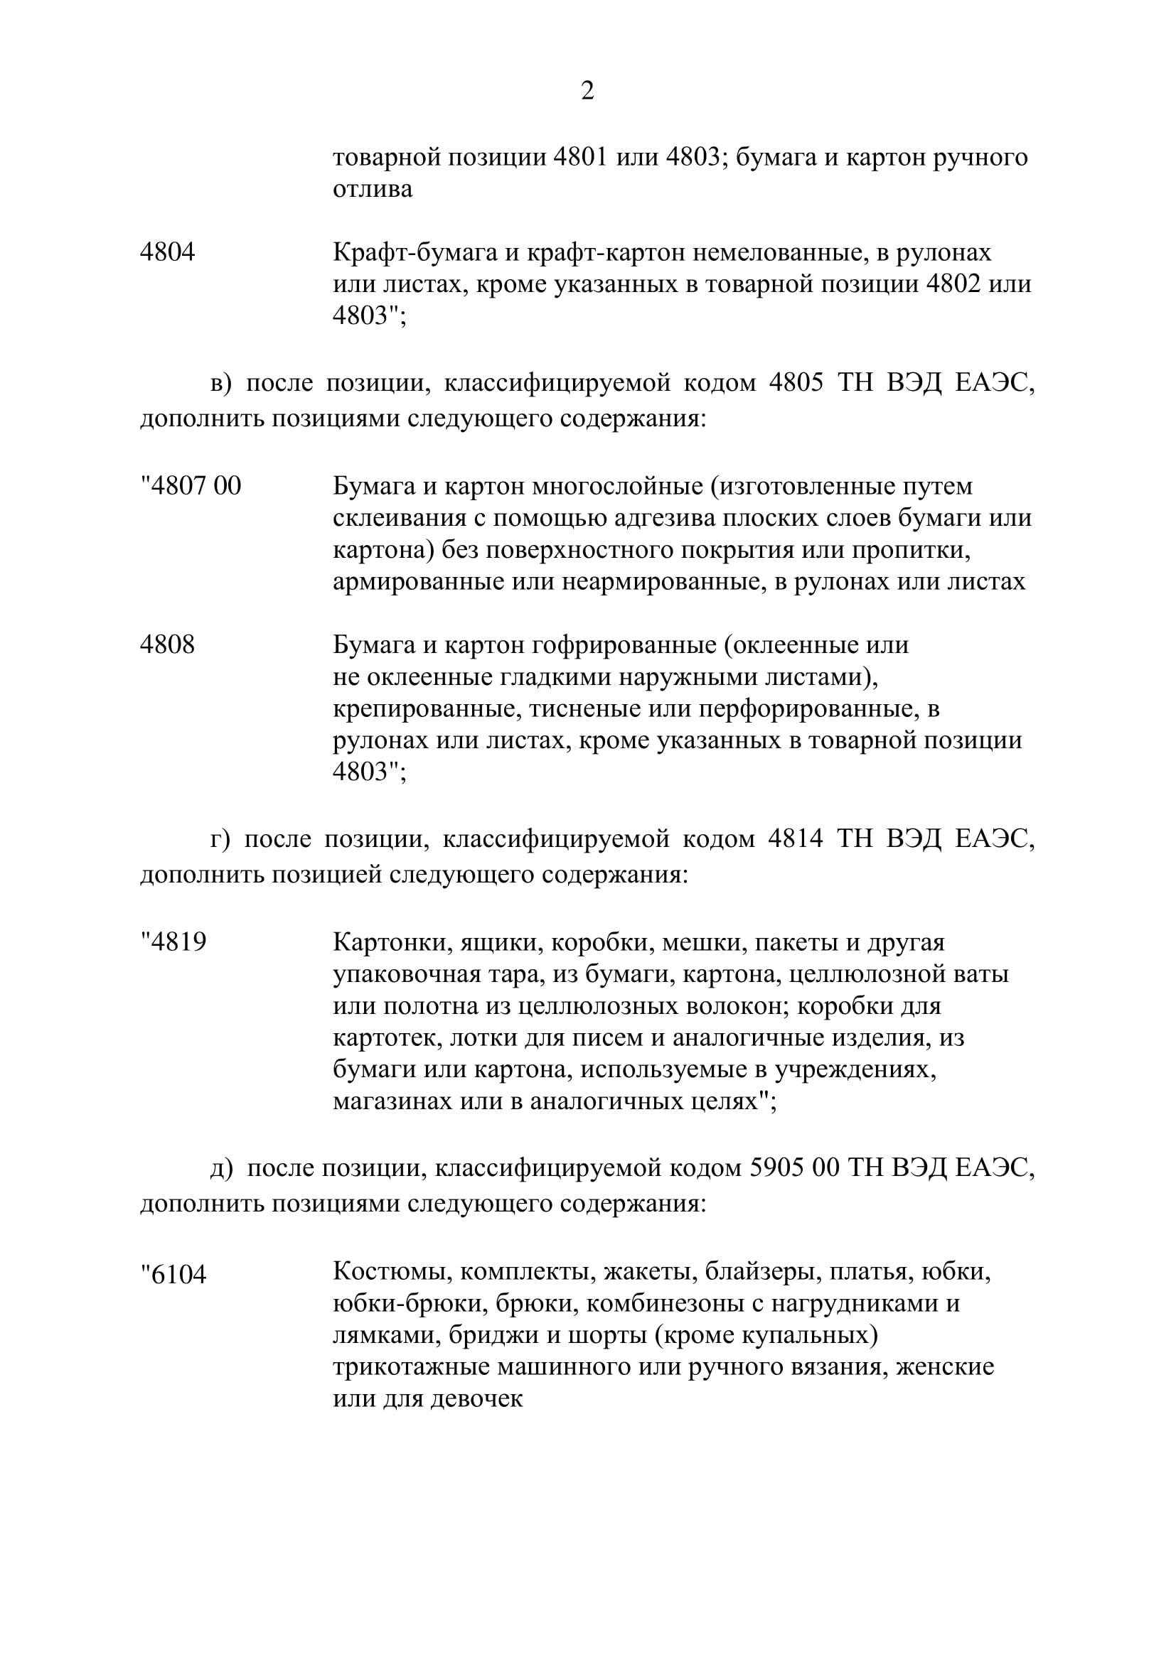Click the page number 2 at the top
(x=587, y=91)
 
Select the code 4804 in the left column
(x=167, y=253)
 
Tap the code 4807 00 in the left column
(x=192, y=486)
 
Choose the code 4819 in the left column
(x=174, y=941)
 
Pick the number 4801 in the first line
(x=579, y=157)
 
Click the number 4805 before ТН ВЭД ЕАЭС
(x=796, y=383)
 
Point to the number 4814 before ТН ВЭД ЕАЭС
(x=795, y=839)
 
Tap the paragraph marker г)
(x=220, y=840)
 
